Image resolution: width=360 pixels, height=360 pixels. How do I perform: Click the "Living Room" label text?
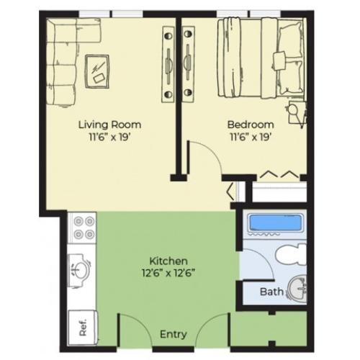click(109, 124)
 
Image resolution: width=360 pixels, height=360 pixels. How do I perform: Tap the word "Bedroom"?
click(251, 124)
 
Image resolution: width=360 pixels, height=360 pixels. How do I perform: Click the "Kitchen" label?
click(168, 260)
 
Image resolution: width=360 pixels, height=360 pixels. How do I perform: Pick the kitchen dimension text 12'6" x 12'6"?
click(168, 271)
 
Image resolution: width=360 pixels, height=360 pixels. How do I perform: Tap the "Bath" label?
click(271, 292)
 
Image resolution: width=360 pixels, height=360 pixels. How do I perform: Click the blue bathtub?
click(273, 222)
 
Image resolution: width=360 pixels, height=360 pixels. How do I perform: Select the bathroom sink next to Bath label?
click(297, 289)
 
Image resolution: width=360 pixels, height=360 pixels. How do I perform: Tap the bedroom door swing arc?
click(205, 155)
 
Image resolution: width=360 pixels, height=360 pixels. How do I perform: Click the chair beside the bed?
click(295, 112)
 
